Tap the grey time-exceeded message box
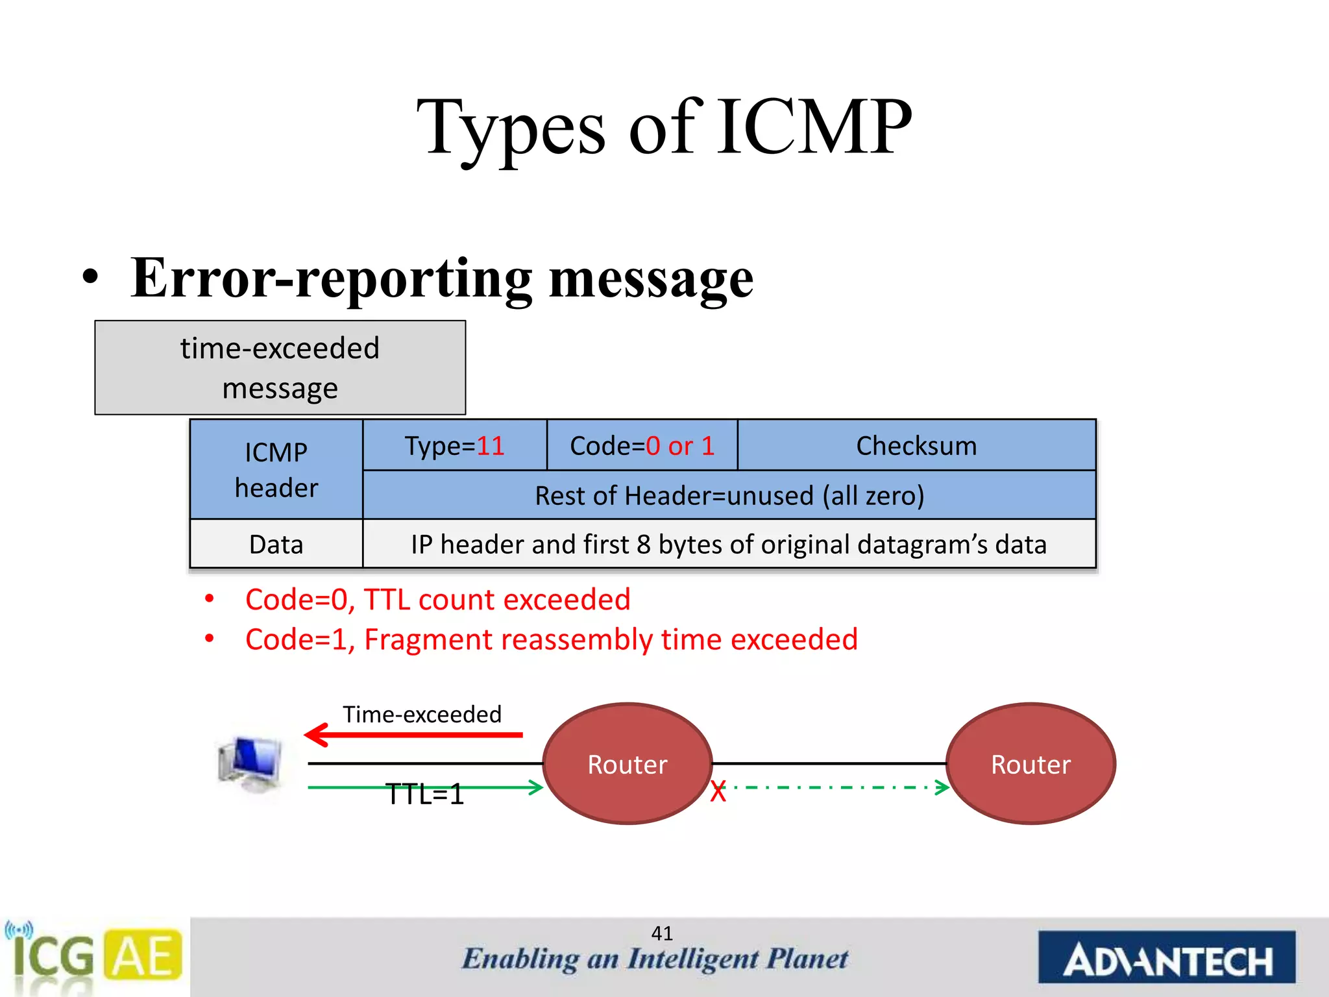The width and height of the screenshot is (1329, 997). pos(280,367)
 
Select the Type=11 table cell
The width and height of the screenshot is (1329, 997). pos(454,446)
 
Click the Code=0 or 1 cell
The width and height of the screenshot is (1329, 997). pos(642,446)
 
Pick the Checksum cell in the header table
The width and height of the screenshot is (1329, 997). pos(916,446)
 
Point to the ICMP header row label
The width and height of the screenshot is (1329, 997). pos(276,470)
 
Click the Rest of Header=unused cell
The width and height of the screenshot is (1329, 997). pos(729,495)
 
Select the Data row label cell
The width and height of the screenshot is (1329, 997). pos(276,544)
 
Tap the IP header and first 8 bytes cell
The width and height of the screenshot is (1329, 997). pos(729,544)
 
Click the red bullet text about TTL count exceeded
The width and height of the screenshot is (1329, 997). pos(437,599)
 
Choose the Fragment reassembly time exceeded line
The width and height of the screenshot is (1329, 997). pos(551,639)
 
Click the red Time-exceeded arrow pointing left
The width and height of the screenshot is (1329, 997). pos(413,735)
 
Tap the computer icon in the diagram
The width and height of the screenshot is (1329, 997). pos(250,764)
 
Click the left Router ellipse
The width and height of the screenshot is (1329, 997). pos(627,764)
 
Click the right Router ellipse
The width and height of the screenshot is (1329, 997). pos(1030,764)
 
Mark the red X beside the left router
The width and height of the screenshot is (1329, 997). pos(718,792)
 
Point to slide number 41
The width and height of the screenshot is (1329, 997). pos(662,933)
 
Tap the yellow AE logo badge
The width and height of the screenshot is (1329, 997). pos(143,955)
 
